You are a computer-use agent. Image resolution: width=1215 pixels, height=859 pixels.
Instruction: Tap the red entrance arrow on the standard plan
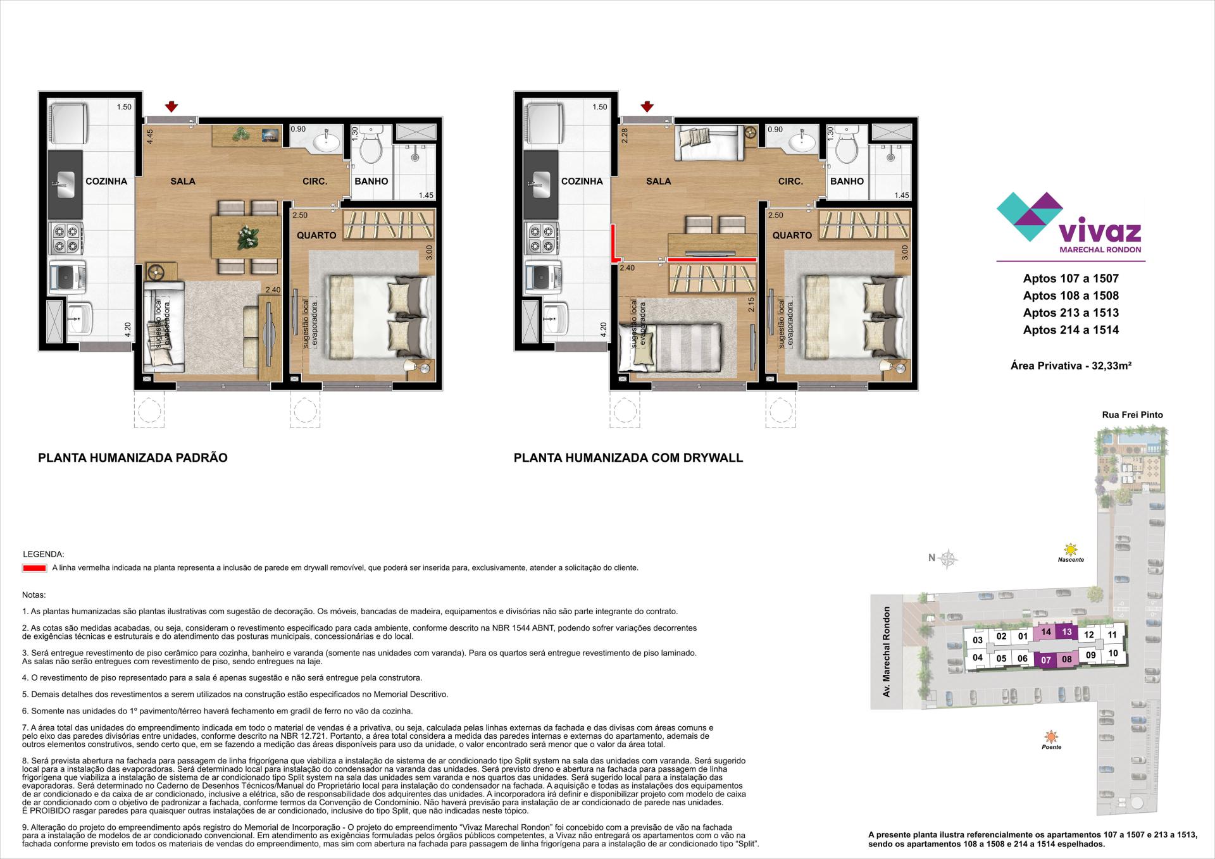click(x=171, y=106)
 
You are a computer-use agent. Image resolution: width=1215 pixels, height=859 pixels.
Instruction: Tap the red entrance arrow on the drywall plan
click(x=647, y=106)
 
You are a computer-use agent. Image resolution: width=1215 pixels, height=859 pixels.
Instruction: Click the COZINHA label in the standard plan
click(x=106, y=182)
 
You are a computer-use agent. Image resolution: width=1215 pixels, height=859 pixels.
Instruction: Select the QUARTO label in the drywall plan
click(x=792, y=235)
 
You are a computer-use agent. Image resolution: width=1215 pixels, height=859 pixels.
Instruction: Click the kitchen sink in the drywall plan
click(x=542, y=185)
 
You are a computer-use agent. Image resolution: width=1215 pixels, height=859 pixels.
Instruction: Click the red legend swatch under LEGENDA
click(x=34, y=568)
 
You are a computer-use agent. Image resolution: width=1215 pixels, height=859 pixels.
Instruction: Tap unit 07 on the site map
click(x=1046, y=660)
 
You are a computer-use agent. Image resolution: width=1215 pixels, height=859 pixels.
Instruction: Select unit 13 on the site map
click(x=1067, y=632)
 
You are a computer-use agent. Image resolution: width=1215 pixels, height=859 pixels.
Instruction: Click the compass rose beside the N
click(x=948, y=558)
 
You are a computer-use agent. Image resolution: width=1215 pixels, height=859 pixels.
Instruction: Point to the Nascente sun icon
click(x=1070, y=549)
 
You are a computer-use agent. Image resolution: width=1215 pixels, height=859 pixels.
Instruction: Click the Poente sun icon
click(x=1051, y=736)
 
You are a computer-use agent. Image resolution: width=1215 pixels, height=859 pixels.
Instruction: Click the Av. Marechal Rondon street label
click(x=887, y=652)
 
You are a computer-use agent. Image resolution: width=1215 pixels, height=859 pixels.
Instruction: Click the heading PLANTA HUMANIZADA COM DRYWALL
click(x=628, y=457)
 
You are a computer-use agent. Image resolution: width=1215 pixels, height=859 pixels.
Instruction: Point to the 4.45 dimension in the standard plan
click(x=150, y=137)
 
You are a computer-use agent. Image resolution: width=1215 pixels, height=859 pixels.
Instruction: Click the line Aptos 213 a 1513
click(x=1071, y=312)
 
